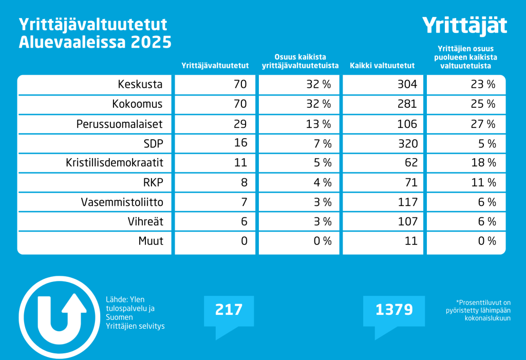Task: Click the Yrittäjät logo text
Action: click(x=464, y=25)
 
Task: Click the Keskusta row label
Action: click(x=140, y=84)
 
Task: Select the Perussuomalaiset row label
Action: click(x=120, y=124)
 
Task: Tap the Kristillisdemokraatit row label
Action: click(x=115, y=163)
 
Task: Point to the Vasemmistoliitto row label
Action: click(x=122, y=202)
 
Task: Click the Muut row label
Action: click(x=151, y=240)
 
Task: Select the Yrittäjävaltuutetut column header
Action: click(x=215, y=66)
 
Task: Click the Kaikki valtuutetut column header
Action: click(x=382, y=66)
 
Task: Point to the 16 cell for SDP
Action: click(x=240, y=143)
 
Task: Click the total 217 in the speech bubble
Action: click(x=228, y=310)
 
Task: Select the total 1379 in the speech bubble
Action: click(x=394, y=310)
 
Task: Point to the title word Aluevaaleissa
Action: click(x=72, y=42)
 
